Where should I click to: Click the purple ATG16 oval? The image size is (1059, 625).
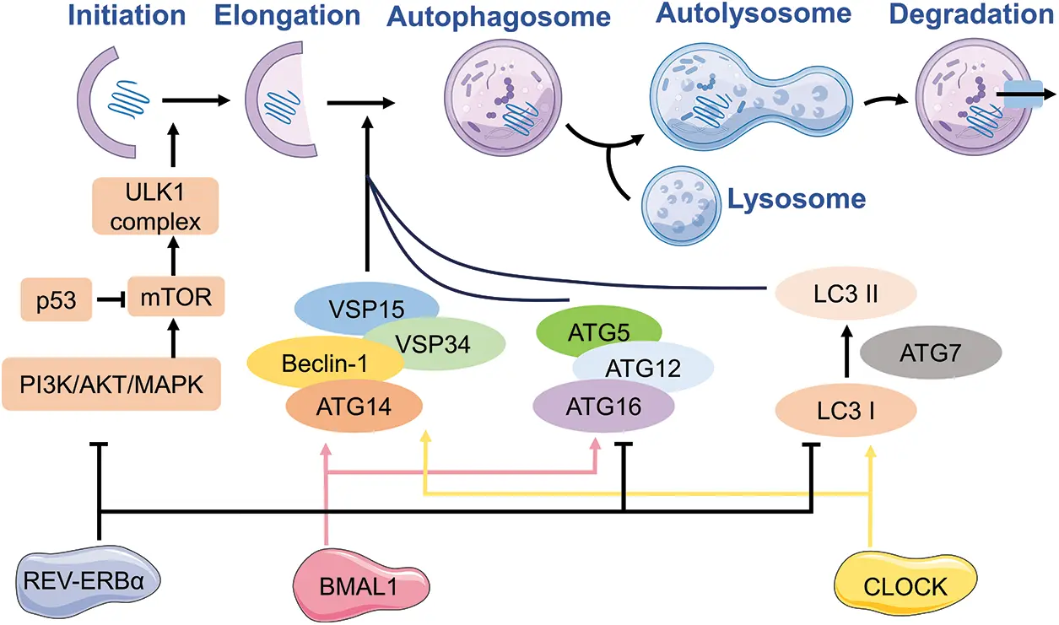(x=603, y=407)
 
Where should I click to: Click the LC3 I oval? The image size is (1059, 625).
(x=846, y=411)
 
